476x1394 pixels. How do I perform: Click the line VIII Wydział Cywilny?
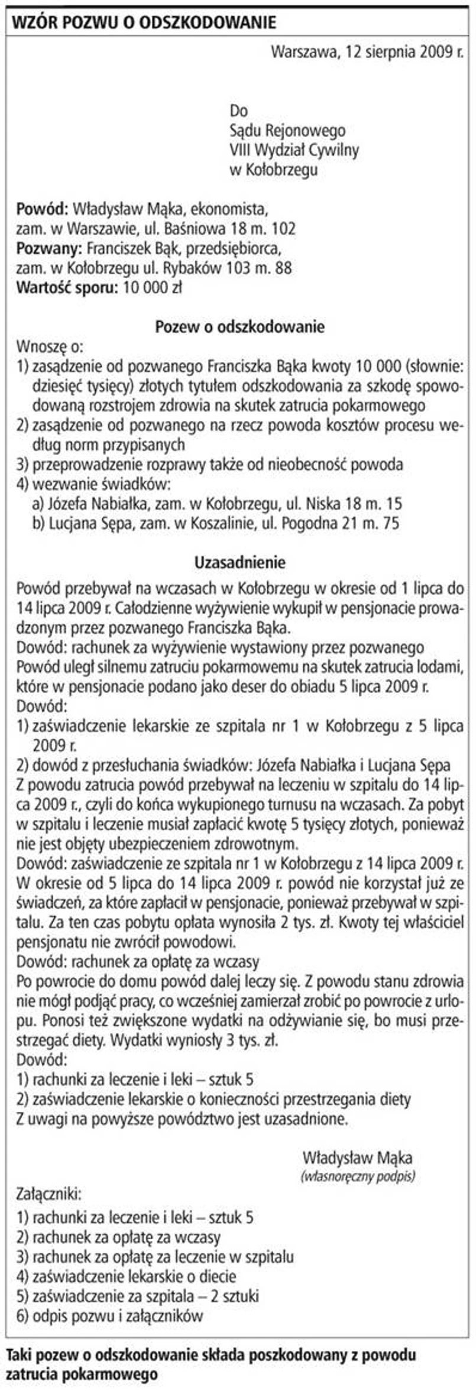(x=294, y=150)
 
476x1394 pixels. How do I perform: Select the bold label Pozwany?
(x=50, y=248)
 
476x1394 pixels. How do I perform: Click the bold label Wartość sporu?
(x=67, y=288)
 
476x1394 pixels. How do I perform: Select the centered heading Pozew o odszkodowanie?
(x=239, y=326)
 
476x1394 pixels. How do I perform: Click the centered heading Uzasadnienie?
(x=239, y=562)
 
